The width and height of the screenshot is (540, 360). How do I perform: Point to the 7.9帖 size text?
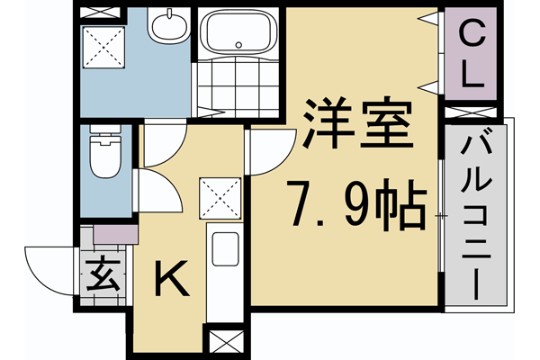click(x=356, y=206)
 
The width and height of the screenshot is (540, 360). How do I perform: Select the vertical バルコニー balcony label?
click(x=476, y=216)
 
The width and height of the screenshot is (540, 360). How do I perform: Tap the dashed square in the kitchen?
click(x=220, y=197)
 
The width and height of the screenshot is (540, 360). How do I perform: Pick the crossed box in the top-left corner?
click(x=100, y=13)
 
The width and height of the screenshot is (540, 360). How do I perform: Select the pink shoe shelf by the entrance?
click(x=113, y=234)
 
